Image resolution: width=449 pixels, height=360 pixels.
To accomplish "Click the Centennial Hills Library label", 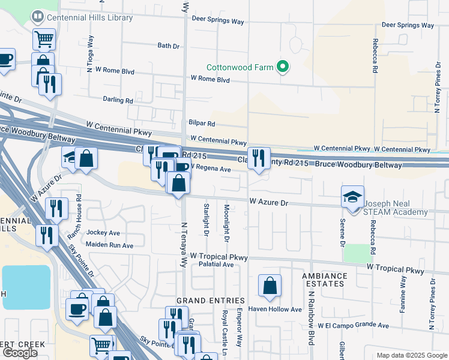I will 82,18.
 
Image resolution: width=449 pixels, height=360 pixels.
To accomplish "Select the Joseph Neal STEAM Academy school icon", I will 352,196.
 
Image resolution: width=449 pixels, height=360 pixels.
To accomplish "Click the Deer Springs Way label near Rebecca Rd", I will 408,26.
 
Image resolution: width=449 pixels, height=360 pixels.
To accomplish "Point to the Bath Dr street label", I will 168,46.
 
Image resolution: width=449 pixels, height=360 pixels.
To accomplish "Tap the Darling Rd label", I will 117,100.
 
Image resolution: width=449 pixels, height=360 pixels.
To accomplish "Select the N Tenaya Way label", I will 185,247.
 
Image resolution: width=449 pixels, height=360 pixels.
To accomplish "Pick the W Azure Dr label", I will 269,203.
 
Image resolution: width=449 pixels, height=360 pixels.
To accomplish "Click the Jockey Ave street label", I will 103,233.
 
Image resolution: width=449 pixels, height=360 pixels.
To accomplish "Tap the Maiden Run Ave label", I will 109,245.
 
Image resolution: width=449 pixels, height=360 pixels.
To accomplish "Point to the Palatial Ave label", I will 215,264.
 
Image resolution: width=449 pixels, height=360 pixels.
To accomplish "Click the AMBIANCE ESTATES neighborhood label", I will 324,281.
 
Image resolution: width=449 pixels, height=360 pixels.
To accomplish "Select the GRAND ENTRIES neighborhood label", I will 210,301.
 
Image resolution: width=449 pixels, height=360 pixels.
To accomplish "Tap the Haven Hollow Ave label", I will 280,310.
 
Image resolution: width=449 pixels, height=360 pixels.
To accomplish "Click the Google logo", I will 19,353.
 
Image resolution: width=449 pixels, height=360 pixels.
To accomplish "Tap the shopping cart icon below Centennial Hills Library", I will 44,39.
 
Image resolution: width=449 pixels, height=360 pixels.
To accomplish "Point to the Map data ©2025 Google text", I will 411,355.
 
